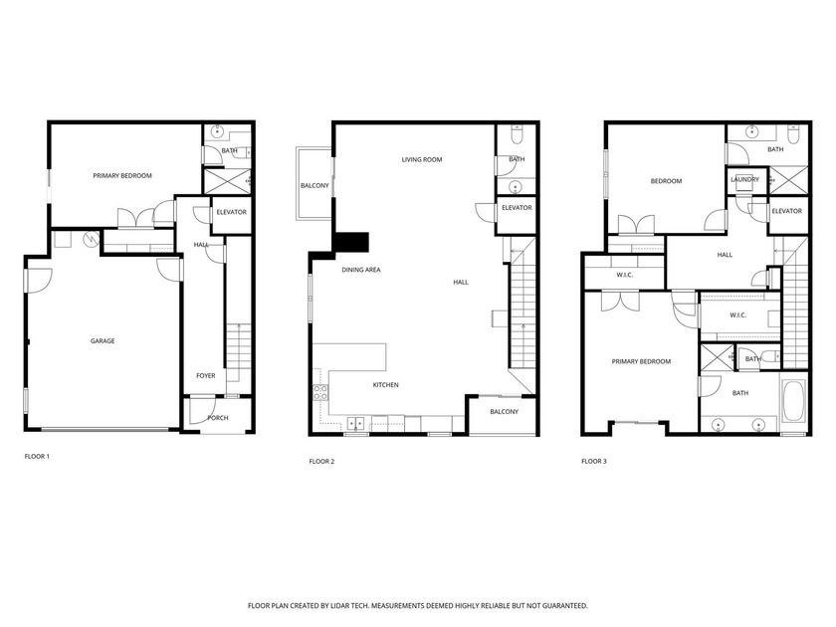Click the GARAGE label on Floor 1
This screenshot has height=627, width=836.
click(x=103, y=341)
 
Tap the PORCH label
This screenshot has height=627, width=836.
click(x=217, y=418)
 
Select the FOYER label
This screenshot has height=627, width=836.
click(x=205, y=375)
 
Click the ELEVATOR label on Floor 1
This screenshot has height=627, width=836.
click(x=231, y=212)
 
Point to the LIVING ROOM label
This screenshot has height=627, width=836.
click(x=422, y=159)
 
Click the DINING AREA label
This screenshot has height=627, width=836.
click(x=361, y=270)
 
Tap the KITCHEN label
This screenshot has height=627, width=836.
click(x=386, y=385)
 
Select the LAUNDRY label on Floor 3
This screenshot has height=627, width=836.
click(x=744, y=180)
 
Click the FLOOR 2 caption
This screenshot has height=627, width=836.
click(x=321, y=461)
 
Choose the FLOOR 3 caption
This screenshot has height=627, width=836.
click(x=594, y=461)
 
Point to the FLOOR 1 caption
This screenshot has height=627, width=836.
click(x=37, y=457)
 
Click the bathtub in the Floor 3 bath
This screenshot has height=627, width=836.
click(x=793, y=400)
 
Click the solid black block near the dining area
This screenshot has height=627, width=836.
click(x=352, y=243)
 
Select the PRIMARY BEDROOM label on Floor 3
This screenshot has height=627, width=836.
click(x=641, y=361)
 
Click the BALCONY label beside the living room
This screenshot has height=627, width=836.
click(x=314, y=186)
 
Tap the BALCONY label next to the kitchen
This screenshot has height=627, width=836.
click(x=504, y=411)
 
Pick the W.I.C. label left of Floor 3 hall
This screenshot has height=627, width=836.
click(x=625, y=276)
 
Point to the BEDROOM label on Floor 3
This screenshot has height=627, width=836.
click(x=666, y=181)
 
